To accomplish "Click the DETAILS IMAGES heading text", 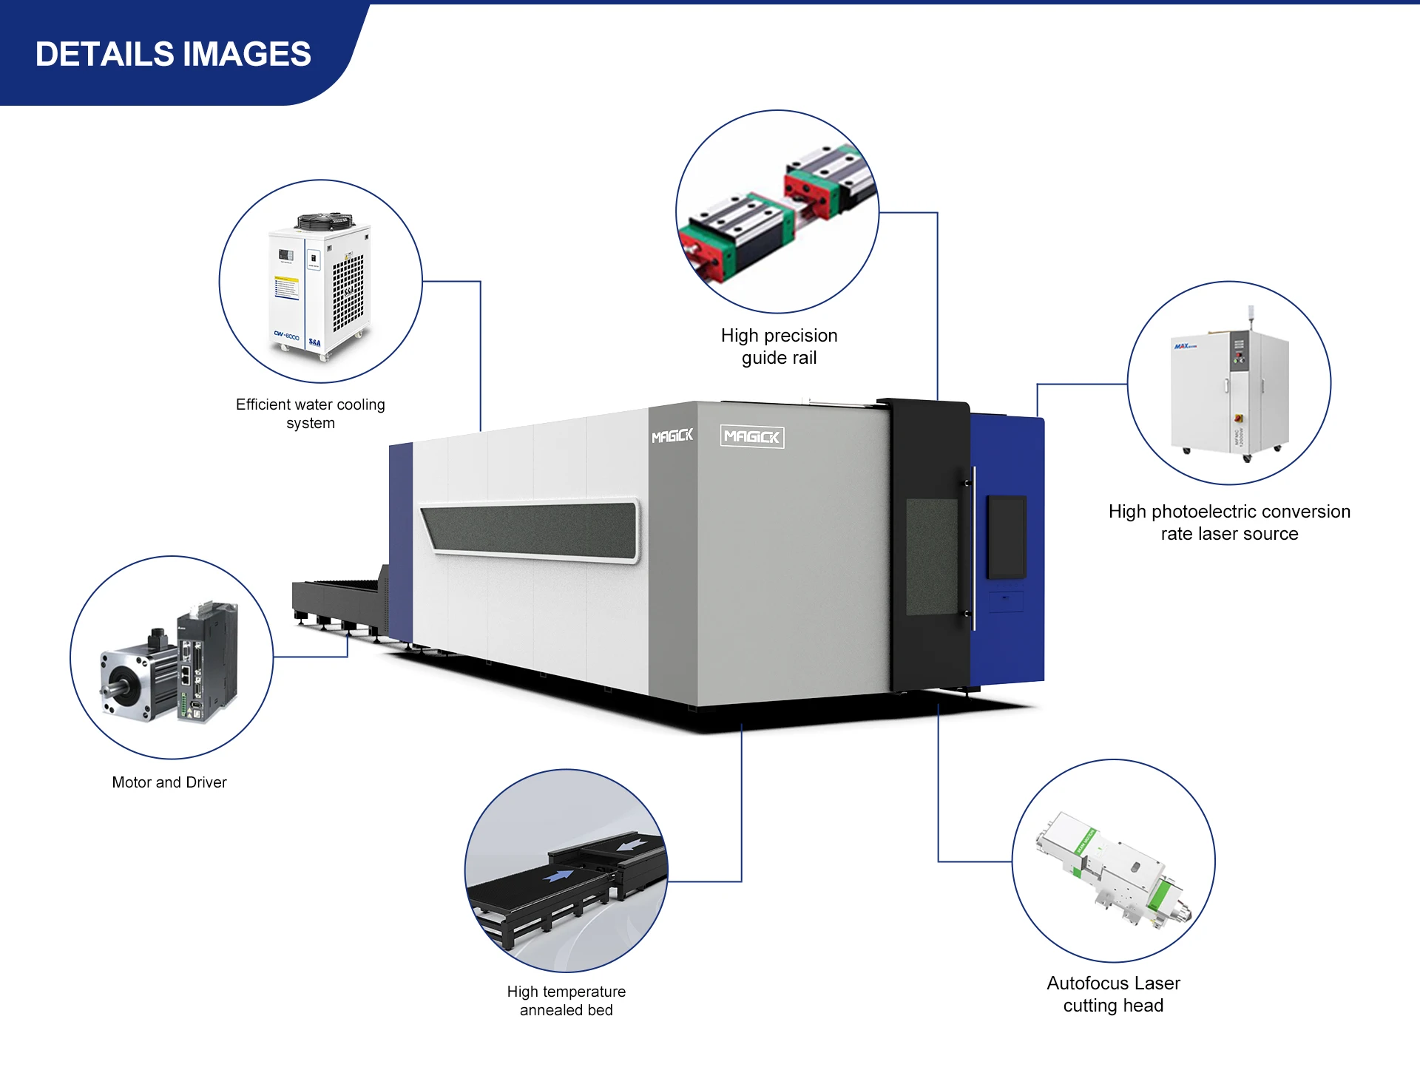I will coord(173,54).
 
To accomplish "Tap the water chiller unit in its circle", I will coord(319,285).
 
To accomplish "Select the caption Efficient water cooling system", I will coord(311,413).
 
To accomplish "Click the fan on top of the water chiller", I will coord(324,220).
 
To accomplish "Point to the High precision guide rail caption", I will coord(779,347).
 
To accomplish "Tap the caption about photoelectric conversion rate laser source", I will coord(1229,522).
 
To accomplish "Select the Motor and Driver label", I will coord(169,782).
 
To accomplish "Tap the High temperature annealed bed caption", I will coord(567,1000).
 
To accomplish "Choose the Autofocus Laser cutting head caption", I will coord(1113,994).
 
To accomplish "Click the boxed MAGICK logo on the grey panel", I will coord(752,436).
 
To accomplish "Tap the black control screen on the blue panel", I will coord(1007,537).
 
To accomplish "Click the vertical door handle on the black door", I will coord(973,548).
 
